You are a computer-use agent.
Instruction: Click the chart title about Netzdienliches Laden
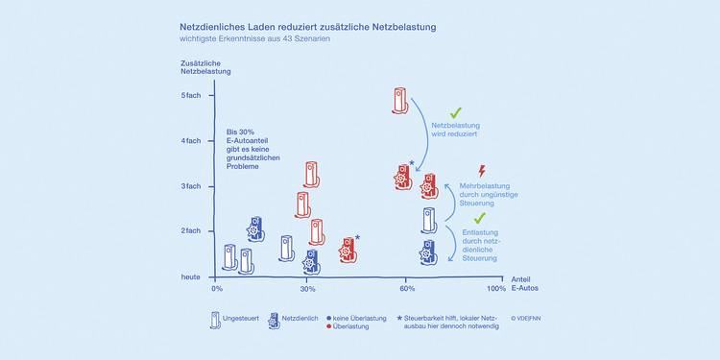coord(307,27)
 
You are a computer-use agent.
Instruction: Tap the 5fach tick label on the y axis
coord(191,95)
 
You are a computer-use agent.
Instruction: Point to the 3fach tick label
coord(191,186)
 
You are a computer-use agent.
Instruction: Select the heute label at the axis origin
coord(191,276)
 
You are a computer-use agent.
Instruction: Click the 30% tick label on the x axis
coord(307,289)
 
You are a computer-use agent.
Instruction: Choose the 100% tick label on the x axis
coord(496,289)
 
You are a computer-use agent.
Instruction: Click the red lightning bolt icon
coord(482,171)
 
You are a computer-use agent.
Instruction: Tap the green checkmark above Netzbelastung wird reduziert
coord(455,112)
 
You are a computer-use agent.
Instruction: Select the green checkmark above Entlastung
coord(480,218)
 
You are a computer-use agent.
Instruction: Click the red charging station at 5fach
coord(400,101)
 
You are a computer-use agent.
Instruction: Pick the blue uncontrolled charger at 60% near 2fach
coord(428,221)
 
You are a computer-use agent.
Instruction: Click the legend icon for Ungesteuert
coord(215,320)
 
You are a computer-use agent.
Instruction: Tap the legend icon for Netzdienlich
coord(274,321)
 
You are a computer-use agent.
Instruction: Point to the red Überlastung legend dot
coord(328,326)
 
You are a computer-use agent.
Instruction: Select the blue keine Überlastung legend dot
coord(328,318)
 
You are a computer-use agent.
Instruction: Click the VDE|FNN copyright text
coord(525,318)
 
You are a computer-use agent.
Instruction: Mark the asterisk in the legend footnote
coord(399,318)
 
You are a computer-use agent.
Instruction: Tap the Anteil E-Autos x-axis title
coord(525,284)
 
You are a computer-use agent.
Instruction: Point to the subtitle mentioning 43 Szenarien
coord(254,39)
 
